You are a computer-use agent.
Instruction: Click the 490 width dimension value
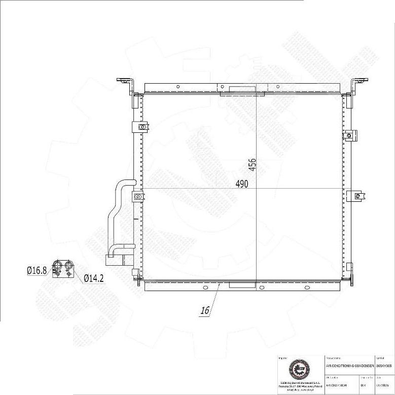click(x=242, y=184)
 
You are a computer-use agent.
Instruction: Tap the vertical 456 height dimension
click(x=252, y=165)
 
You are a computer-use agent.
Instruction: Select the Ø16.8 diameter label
click(x=37, y=271)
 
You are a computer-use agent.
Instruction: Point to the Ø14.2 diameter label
click(x=94, y=278)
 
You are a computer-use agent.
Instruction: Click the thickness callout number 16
click(x=205, y=311)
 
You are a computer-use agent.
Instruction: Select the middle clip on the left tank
click(x=138, y=196)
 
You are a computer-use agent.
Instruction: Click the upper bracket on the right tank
click(x=349, y=135)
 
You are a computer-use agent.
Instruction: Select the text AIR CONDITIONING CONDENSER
click(x=349, y=365)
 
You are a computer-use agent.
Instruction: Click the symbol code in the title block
click(x=384, y=365)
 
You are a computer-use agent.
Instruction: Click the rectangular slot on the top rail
click(x=241, y=89)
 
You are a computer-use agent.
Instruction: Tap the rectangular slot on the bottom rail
click(x=242, y=285)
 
